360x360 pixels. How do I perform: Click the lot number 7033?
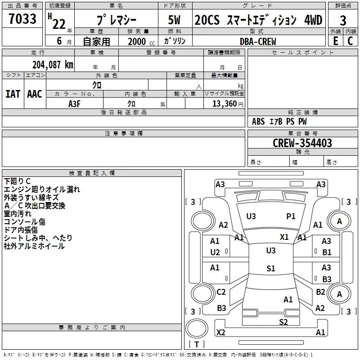click(x=22, y=18)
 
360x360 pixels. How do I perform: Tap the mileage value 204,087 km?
click(x=53, y=65)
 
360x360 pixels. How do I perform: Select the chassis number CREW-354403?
click(x=302, y=143)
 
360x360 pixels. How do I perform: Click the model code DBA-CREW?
click(x=258, y=41)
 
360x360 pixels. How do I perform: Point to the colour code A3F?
click(x=74, y=104)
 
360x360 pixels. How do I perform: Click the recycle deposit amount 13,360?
click(x=224, y=104)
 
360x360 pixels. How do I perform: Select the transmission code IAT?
click(x=13, y=94)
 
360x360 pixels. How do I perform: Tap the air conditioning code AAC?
click(x=35, y=94)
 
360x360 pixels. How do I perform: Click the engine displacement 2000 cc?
click(x=141, y=42)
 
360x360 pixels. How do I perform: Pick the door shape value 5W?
click(x=174, y=20)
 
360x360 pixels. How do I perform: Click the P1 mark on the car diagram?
click(x=291, y=216)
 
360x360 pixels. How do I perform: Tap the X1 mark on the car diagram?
click(x=284, y=237)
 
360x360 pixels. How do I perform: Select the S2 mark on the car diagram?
click(x=283, y=322)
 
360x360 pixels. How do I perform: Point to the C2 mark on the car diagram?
click(x=221, y=292)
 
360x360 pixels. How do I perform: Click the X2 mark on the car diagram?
click(x=220, y=332)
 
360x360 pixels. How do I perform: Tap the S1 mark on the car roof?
click(x=271, y=268)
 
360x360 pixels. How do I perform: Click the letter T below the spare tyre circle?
click(x=197, y=344)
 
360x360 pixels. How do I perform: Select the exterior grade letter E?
click(x=336, y=41)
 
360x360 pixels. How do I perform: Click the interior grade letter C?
click(x=350, y=41)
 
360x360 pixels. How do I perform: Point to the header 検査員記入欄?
click(x=92, y=173)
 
